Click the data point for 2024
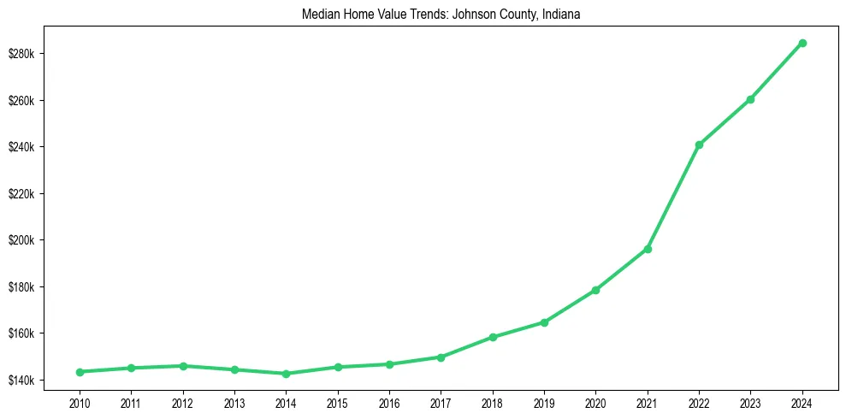tap(802, 43)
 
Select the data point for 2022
tap(699, 145)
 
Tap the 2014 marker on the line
tap(286, 374)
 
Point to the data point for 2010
tap(80, 372)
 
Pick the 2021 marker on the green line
tap(648, 249)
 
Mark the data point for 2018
tap(493, 337)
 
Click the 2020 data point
tap(595, 290)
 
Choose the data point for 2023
tap(750, 99)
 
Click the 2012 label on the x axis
tap(182, 403)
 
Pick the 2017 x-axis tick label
tap(441, 403)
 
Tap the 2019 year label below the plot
tap(544, 403)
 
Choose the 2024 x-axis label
tap(802, 403)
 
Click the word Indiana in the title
tap(561, 14)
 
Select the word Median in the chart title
tap(321, 14)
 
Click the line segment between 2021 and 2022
tap(673, 197)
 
